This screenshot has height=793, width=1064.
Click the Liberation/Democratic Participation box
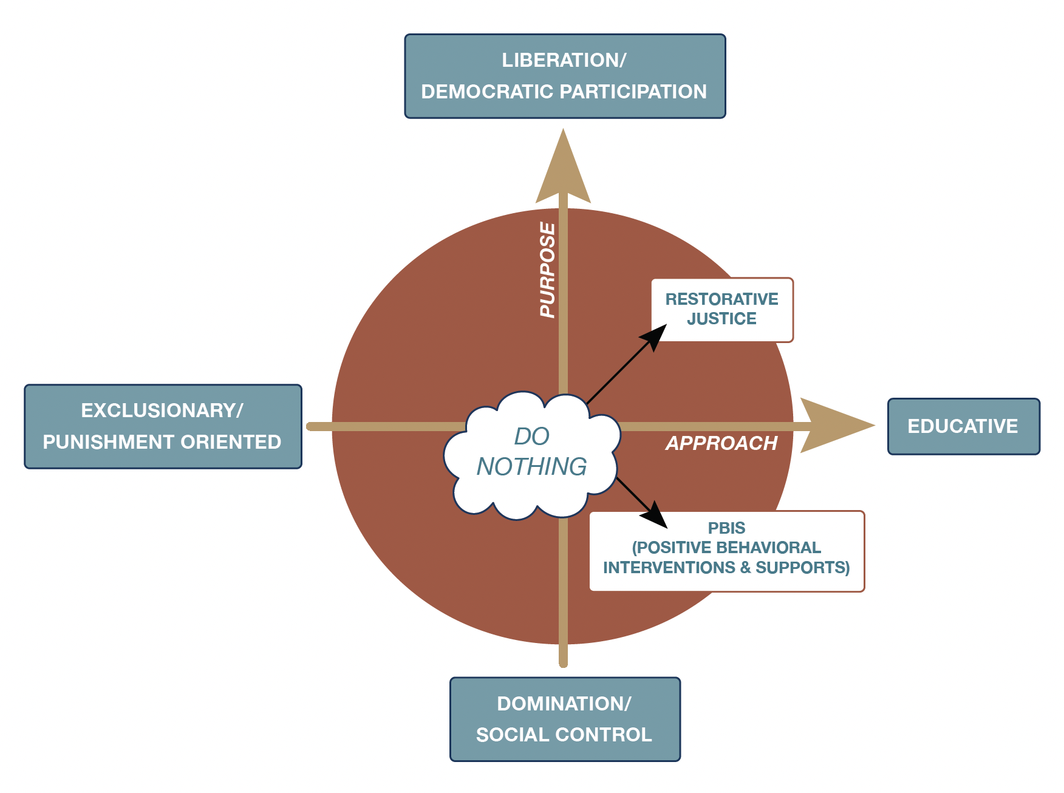(565, 76)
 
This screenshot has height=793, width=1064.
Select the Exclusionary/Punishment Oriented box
(163, 426)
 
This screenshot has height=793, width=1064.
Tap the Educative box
(963, 426)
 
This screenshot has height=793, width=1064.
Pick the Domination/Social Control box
(565, 719)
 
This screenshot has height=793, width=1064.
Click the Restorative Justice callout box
(722, 309)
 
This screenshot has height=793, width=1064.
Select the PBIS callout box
(726, 550)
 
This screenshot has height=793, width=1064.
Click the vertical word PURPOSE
(548, 270)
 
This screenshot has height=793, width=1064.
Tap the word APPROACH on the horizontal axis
(721, 443)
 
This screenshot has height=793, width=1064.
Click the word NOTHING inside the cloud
(532, 466)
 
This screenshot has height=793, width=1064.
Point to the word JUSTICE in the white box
(721, 319)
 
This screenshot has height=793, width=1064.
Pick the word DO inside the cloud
(531, 436)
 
